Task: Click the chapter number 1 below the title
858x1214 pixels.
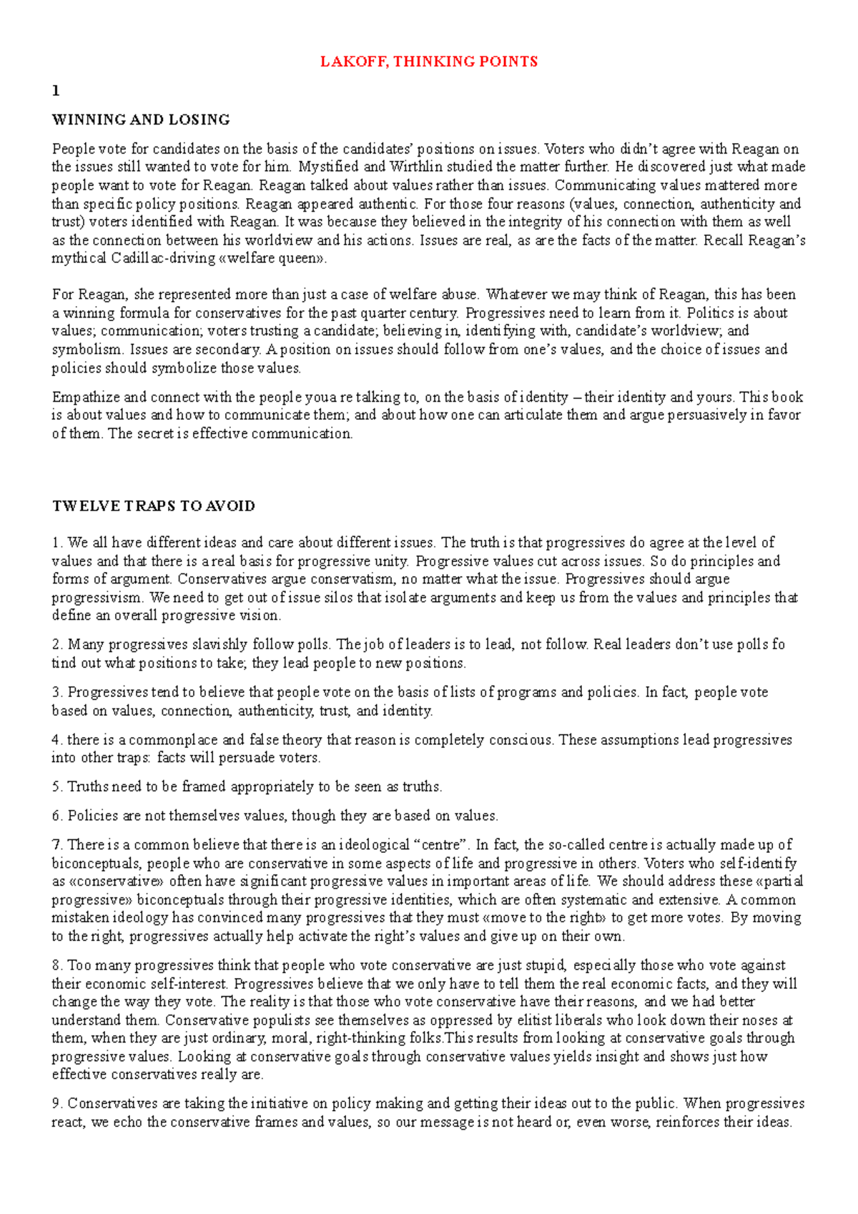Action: tap(56, 91)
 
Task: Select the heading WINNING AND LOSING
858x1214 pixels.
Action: tap(141, 119)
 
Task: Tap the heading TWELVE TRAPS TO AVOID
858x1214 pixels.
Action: tap(154, 506)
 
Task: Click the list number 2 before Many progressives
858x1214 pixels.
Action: tap(56, 645)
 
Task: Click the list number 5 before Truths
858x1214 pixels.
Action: tap(56, 787)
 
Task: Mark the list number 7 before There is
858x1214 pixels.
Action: tap(56, 845)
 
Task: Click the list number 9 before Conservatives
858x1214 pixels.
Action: tap(56, 1104)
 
